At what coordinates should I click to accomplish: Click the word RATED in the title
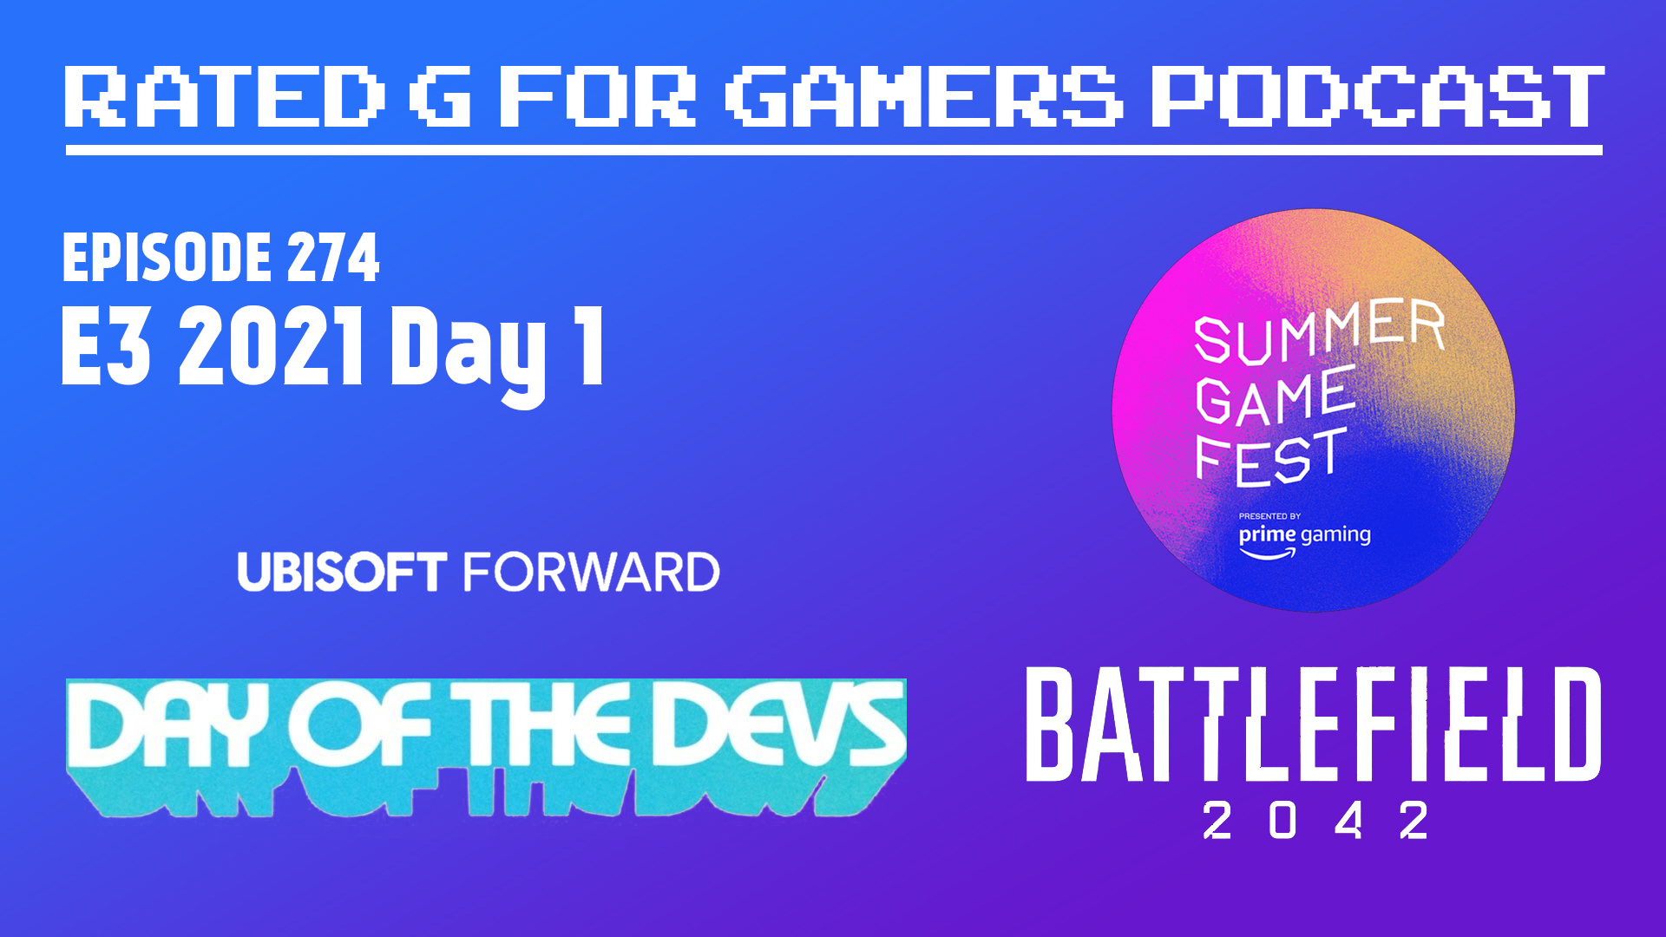pyautogui.click(x=224, y=96)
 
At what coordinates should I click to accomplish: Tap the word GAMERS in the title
pyautogui.click(x=925, y=96)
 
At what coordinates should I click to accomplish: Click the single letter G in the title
pyautogui.click(x=442, y=96)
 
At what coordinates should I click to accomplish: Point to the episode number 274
pyautogui.click(x=333, y=258)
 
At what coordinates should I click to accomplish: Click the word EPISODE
pyautogui.click(x=167, y=258)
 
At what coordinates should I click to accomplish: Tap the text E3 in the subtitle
pyautogui.click(x=106, y=345)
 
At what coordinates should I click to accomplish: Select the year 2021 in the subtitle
pyautogui.click(x=272, y=345)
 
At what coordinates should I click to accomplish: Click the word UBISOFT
pyautogui.click(x=342, y=573)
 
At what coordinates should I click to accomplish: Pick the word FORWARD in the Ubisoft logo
pyautogui.click(x=592, y=573)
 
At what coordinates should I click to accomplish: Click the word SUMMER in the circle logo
pyautogui.click(x=1319, y=331)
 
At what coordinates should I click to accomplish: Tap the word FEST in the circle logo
pyautogui.click(x=1271, y=457)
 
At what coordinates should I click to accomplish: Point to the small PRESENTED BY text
pyautogui.click(x=1269, y=516)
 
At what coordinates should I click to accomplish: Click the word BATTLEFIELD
pyautogui.click(x=1314, y=724)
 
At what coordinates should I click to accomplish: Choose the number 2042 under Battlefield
pyautogui.click(x=1315, y=820)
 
